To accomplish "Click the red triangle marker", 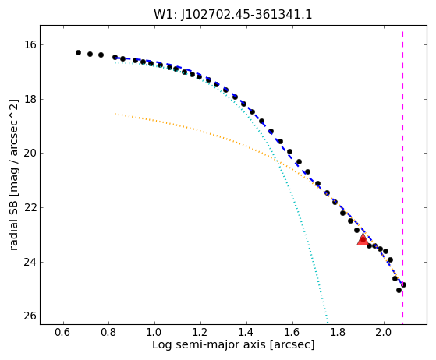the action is tap(363, 239).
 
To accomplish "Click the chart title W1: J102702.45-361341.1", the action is tap(233, 15).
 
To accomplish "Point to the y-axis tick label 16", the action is tap(30, 44).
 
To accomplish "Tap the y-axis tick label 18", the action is tap(30, 99).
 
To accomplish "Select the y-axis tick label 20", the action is tap(30, 154).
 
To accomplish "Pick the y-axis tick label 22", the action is tap(30, 207).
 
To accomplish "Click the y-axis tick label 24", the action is tap(30, 262).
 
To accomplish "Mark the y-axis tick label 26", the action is tap(30, 316).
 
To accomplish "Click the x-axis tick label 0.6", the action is tap(64, 332).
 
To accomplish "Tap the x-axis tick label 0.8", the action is tap(109, 332).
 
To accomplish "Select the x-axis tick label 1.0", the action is tap(155, 332).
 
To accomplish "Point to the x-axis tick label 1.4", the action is tap(246, 332).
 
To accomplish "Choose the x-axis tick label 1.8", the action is tap(339, 332).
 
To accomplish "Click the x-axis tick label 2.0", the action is tap(384, 332).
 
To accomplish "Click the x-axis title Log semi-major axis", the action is tap(210, 344).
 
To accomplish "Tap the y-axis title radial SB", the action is tap(13, 220).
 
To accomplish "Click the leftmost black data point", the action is tap(78, 52).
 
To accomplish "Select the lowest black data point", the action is tap(399, 291).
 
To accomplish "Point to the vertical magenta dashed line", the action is tap(403, 175).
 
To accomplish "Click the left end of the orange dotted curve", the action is tap(115, 114).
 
